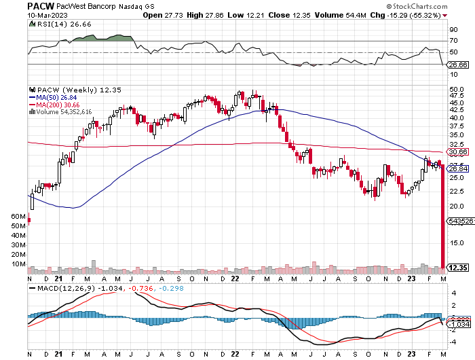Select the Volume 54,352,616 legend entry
coord(64,112)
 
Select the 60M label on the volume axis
coord(18,216)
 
